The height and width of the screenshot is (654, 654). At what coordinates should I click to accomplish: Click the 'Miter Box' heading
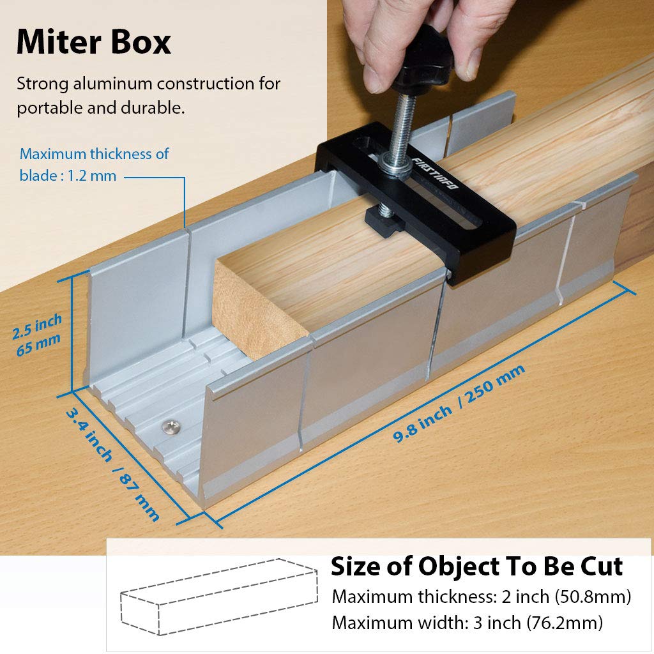[94, 42]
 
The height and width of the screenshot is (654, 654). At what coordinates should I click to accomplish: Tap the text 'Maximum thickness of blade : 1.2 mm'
[94, 164]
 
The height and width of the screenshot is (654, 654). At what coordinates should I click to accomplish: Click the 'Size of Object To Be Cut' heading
[476, 567]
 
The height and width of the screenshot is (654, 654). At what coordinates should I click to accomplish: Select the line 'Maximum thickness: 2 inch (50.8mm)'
[482, 597]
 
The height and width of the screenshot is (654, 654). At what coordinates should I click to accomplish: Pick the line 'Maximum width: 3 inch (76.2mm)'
[467, 622]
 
